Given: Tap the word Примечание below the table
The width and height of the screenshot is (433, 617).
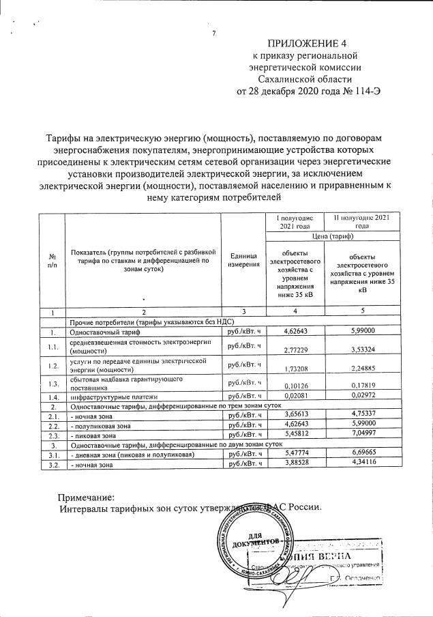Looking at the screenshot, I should tap(86, 498).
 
